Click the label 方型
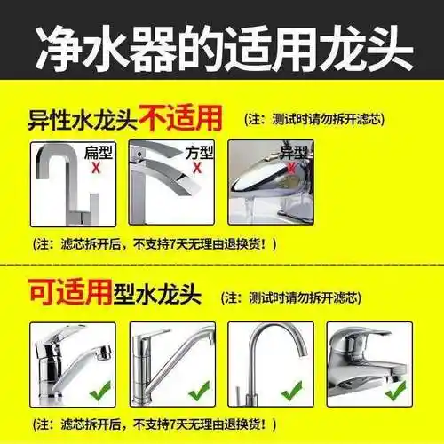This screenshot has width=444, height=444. pos(199,152)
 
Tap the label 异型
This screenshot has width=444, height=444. pos(293,152)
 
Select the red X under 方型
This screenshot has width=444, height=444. pos(198,165)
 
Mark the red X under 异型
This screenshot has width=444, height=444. pos(295,166)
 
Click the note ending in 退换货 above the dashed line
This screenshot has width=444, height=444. pos(155,243)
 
